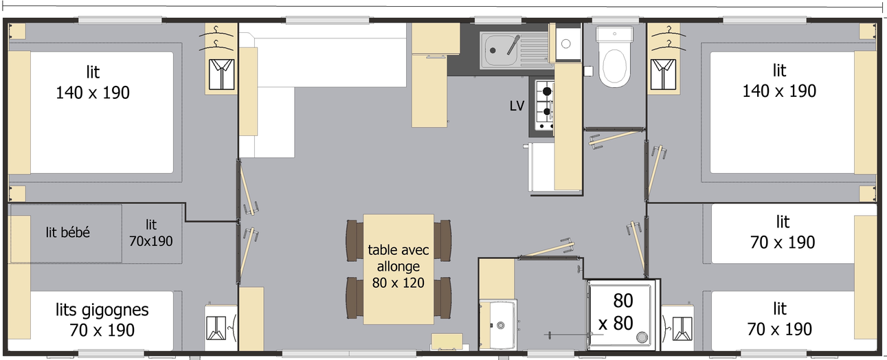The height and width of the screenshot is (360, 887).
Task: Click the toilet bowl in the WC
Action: (x=614, y=67)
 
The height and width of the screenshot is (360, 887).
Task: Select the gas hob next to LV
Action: (x=544, y=105)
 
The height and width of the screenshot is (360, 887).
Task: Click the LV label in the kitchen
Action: (x=517, y=106)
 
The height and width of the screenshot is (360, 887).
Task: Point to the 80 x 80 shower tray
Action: (x=620, y=315)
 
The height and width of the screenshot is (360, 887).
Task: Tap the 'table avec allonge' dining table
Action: (x=398, y=269)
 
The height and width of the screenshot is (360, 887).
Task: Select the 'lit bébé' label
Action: (x=68, y=232)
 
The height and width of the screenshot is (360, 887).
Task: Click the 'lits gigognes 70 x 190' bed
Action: (x=102, y=321)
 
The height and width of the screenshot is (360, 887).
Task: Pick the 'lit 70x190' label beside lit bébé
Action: (x=151, y=234)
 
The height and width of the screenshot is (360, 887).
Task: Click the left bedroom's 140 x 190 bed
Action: (x=102, y=113)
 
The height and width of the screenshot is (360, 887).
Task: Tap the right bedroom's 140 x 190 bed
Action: (x=782, y=113)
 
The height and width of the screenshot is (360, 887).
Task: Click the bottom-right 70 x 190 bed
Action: (x=783, y=321)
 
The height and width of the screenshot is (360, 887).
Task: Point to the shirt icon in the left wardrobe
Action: (x=221, y=74)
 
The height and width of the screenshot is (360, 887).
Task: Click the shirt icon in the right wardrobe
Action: (x=663, y=74)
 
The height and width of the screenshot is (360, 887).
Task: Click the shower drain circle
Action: (x=642, y=337)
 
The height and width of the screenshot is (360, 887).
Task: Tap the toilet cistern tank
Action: (x=614, y=34)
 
